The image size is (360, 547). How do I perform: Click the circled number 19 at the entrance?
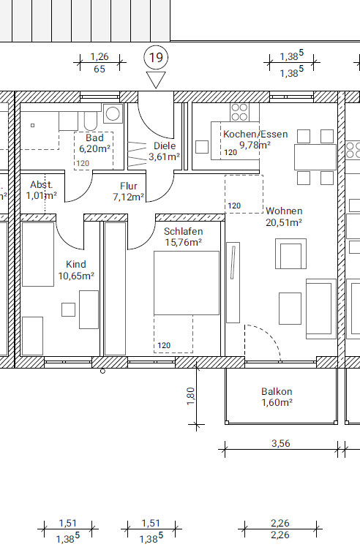156,57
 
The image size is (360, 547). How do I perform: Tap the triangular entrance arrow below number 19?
156,80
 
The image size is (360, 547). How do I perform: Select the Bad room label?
94,137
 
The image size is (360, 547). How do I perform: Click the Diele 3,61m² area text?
164,156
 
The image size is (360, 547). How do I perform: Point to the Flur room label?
129,186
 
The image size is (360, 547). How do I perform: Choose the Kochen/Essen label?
255,134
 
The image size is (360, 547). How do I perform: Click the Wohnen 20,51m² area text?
284,222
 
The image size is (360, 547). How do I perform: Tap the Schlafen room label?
184,231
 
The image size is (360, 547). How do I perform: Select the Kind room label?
76,264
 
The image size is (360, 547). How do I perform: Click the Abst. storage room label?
41,184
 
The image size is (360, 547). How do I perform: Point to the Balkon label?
277,391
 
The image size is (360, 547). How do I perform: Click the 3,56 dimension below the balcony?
281,443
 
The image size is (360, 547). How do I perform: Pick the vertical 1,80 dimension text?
191,396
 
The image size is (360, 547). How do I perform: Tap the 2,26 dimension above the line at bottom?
280,523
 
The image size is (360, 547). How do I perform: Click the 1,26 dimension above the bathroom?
100,56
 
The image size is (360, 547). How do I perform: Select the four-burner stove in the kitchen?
239,112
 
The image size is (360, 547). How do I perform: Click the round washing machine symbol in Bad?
113,113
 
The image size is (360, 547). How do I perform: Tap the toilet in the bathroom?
91,121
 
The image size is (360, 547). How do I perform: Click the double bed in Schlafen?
187,283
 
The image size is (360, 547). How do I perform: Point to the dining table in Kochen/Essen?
315,157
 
